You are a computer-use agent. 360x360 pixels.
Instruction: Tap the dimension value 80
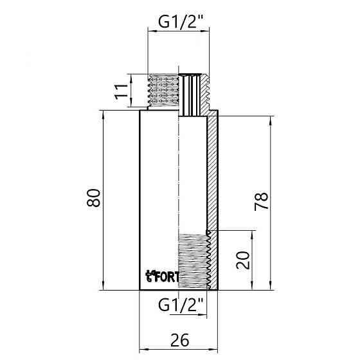tap(94, 198)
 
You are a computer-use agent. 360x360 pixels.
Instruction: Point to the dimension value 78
tap(261, 201)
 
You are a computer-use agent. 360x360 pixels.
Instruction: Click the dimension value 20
tap(242, 260)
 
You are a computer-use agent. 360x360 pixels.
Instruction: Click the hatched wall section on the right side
tap(213, 174)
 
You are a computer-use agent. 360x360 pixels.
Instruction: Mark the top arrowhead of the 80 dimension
tap(103, 114)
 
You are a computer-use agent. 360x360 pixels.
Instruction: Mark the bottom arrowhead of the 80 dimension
tap(103, 286)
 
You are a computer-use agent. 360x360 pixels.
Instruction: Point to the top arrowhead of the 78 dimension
tap(271, 120)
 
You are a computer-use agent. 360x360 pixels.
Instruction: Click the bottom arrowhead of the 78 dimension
tap(271, 286)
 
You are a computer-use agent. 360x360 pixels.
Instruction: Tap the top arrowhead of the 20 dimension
tap(251, 234)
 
